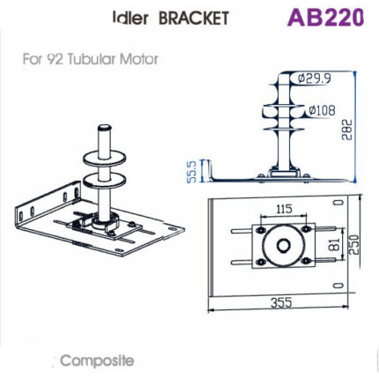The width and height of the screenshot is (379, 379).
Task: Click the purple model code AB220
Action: point(323,18)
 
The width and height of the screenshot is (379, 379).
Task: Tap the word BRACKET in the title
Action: point(198,18)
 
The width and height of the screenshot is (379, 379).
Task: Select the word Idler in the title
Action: point(132,18)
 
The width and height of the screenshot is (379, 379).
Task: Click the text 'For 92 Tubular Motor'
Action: point(85,63)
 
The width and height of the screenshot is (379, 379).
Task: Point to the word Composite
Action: point(97,361)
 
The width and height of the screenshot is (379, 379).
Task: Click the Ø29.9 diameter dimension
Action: point(312,78)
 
